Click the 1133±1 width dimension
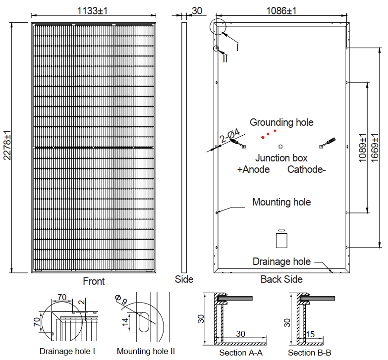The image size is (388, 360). click(92, 11)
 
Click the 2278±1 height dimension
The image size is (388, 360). click(7, 145)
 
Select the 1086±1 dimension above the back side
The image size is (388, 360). click(281, 11)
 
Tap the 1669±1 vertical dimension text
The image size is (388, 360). click(375, 148)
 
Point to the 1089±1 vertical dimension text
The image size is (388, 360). click(363, 148)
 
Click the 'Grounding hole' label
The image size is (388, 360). click(281, 122)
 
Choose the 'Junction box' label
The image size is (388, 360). click(281, 158)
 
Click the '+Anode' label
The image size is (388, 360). click(253, 169)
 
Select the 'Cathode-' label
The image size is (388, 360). click(307, 169)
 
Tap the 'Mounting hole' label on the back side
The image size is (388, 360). click(281, 202)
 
